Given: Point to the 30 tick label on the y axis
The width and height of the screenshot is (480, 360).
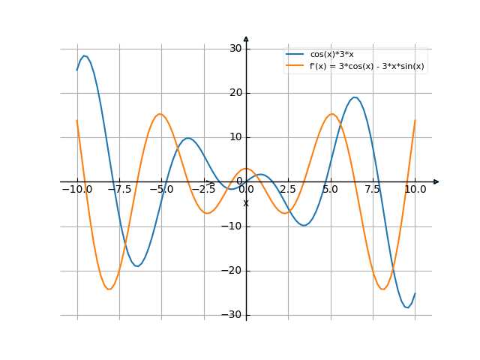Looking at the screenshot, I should click(x=235, y=49).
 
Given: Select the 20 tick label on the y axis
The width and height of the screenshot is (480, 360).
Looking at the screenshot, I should click(x=235, y=93).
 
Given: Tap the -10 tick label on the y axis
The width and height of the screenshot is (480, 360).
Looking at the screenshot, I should click(x=233, y=226).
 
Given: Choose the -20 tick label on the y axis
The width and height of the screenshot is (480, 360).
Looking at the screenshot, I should click(x=233, y=271).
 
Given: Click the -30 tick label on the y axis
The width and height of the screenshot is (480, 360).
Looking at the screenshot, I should click(x=233, y=315).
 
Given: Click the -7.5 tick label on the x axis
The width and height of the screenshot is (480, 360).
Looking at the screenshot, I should click(x=118, y=190).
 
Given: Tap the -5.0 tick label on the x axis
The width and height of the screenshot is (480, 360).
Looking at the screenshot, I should click(x=160, y=190).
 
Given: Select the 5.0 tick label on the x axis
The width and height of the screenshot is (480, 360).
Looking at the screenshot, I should click(x=330, y=190).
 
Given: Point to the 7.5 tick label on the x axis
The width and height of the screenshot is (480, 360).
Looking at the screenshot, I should click(x=373, y=190).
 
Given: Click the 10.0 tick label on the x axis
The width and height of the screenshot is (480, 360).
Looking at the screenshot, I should click(x=415, y=190).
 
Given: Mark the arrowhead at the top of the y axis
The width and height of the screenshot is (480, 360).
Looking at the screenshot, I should click(x=246, y=38).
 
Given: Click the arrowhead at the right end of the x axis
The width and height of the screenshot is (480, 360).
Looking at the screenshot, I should click(x=436, y=181).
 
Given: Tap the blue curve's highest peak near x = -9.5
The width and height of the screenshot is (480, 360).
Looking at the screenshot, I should click(x=85, y=55).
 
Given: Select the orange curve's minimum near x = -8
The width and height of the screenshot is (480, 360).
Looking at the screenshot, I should click(x=109, y=289).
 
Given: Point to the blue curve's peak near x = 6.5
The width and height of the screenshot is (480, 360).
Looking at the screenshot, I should click(x=355, y=97).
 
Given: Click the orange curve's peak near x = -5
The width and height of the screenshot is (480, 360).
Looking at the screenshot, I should click(x=160, y=114).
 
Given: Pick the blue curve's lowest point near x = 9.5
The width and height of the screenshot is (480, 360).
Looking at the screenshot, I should click(x=406, y=307).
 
